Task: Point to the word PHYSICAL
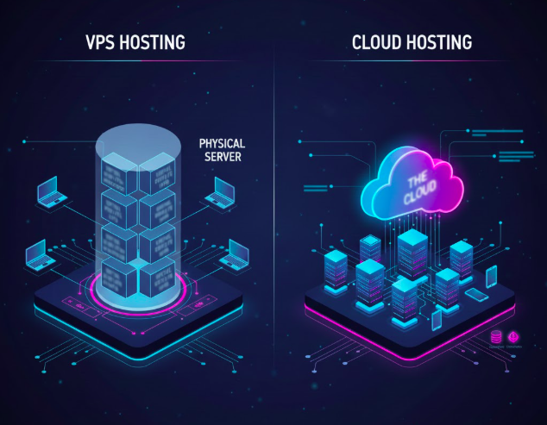[223, 143]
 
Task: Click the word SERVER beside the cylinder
[223, 159]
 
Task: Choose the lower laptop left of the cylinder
[39, 253]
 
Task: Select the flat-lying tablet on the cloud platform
[477, 295]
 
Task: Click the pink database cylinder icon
[495, 334]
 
